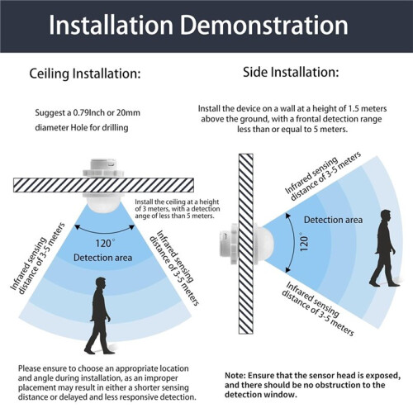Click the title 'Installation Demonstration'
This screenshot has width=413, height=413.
click(x=198, y=26)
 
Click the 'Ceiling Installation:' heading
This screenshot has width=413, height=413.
click(x=85, y=74)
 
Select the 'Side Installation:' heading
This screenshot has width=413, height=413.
click(x=291, y=73)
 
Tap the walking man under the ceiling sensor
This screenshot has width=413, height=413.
click(x=99, y=316)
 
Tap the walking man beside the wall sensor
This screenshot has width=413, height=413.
click(x=384, y=248)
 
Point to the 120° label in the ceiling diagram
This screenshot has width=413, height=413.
click(x=105, y=244)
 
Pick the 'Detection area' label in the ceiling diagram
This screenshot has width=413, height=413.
click(x=102, y=258)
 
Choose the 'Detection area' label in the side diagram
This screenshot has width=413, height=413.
click(x=333, y=220)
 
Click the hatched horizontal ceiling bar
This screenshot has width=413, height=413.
click(x=103, y=185)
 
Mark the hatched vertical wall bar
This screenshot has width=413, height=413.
click(x=246, y=244)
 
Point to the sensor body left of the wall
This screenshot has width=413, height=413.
click(x=229, y=244)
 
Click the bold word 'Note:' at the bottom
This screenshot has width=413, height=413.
click(x=235, y=376)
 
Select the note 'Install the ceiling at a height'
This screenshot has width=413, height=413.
click(x=177, y=202)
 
